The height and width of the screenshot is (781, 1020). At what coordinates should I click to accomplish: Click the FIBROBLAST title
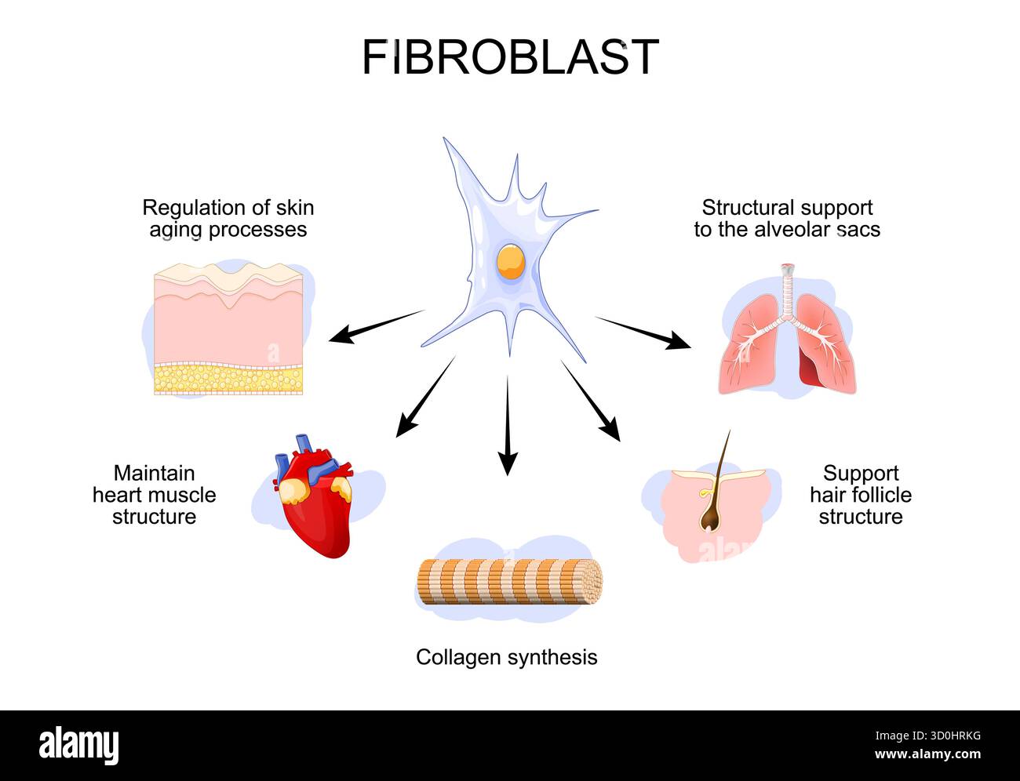pyautogui.click(x=510, y=57)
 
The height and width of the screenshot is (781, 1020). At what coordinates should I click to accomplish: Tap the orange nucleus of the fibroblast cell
pyautogui.click(x=510, y=262)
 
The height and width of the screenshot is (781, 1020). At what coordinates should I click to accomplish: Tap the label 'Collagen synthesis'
pyautogui.click(x=506, y=657)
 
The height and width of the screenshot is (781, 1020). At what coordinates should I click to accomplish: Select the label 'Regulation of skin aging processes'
pyautogui.click(x=228, y=219)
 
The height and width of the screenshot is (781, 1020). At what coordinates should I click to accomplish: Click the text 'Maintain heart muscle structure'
pyautogui.click(x=154, y=495)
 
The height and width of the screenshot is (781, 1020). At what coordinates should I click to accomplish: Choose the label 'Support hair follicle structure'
pyautogui.click(x=860, y=495)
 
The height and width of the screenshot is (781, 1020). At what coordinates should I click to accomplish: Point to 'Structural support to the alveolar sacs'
pyautogui.click(x=787, y=219)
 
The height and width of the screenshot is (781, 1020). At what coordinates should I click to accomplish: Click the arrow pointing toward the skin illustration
pyautogui.click(x=376, y=326)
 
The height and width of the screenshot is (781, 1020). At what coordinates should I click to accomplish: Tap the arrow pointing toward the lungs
pyautogui.click(x=643, y=332)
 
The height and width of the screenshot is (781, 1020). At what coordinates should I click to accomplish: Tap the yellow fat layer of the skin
pyautogui.click(x=228, y=379)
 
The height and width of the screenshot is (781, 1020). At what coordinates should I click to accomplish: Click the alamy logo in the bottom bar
pyautogui.click(x=78, y=744)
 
